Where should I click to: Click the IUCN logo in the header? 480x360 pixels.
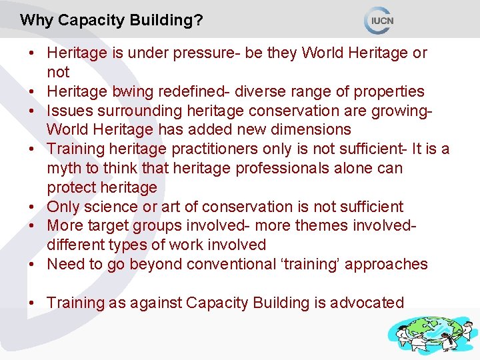(380, 20)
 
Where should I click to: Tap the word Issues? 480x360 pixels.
(67, 110)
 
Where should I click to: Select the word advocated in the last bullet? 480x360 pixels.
(371, 303)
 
